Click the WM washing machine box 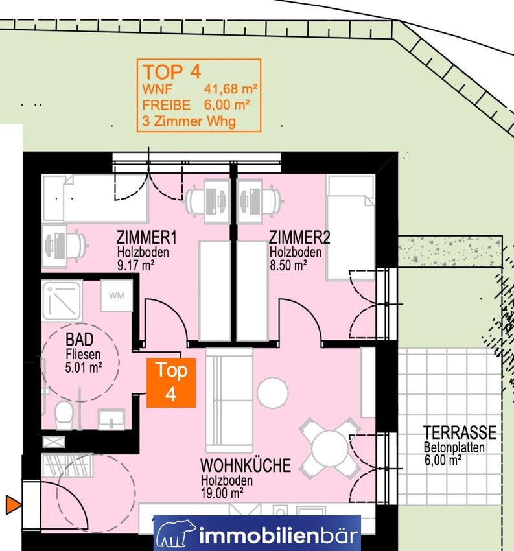coord(117,295)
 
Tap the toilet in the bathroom coord(64,415)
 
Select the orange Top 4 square coord(171,382)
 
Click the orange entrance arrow coord(14,505)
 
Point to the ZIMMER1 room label coord(146,237)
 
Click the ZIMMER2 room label coord(299,237)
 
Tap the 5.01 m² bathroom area coord(84,368)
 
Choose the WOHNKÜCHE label coord(246,465)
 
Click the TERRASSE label coord(460,432)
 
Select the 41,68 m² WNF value coord(231,89)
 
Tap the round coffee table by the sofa coord(273,393)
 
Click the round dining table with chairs coord(329,449)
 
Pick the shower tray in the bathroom coord(62,300)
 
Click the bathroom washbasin coord(111,419)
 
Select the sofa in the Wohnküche coord(229,400)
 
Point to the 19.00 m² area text coord(222,493)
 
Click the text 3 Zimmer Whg coord(189,122)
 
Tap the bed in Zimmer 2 coord(350,228)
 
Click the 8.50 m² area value coord(288,265)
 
